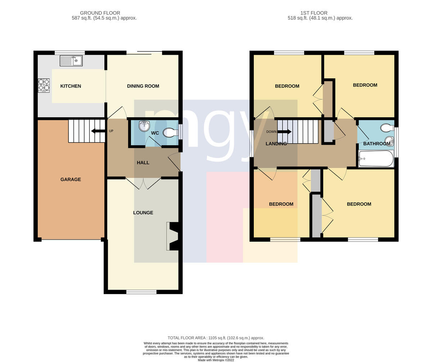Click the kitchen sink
coord(71,60)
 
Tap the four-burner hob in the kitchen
coord(44,85)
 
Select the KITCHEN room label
coord(71,86)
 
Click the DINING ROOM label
coord(143,86)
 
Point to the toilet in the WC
coord(170,132)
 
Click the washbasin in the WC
coord(144,126)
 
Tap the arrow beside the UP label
coord(98,131)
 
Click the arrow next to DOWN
coord(284,132)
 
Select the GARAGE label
coord(71,179)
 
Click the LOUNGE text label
coord(143,213)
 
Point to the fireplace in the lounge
coord(172,236)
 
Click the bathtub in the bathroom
coord(376,159)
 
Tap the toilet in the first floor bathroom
coord(387,127)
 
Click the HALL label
coord(143,163)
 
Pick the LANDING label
coord(276,144)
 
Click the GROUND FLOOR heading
coord(100,13)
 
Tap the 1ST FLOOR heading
coord(314,13)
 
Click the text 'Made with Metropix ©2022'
coord(216,360)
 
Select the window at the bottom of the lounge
coord(141,292)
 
